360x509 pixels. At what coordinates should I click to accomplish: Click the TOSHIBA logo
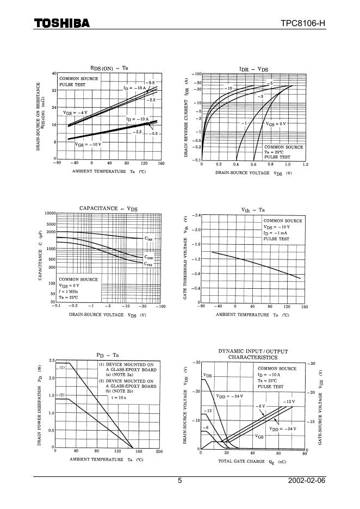pos(62,23)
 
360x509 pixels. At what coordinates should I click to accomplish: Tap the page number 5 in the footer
pos(180,481)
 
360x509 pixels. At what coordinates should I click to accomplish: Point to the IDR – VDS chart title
pos(254,69)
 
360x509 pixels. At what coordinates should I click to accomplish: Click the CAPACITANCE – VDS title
pos(109,208)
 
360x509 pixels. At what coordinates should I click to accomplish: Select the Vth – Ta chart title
pos(253,209)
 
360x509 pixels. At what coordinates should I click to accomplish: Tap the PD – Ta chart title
pos(108,355)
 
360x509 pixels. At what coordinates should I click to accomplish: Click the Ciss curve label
pos(148,238)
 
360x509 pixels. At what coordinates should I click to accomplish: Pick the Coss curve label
pos(148,257)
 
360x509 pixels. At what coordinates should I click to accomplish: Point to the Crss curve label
pos(148,264)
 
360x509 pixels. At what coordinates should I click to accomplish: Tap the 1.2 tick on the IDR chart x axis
pos(305,164)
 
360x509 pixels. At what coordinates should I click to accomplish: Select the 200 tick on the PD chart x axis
pos(159,452)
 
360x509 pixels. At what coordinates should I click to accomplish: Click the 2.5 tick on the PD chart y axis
pos(51,361)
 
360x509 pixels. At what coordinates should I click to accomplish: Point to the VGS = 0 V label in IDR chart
pos(276,124)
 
